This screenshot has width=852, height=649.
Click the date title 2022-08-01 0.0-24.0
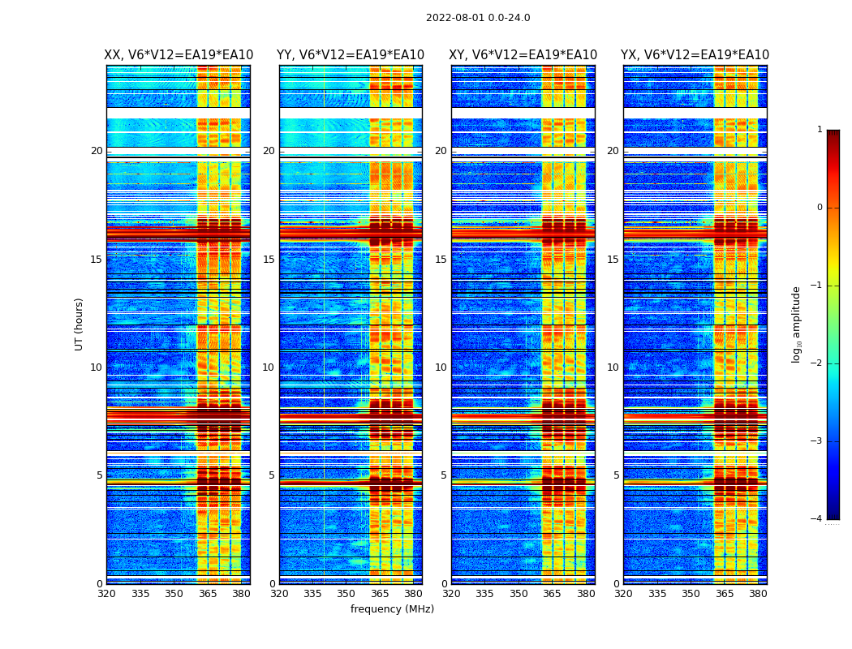click(x=478, y=18)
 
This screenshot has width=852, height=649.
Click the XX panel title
click(x=179, y=55)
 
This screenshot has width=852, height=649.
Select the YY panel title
click(x=351, y=55)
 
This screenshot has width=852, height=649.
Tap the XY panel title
click(x=523, y=55)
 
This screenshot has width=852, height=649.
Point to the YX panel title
click(x=695, y=55)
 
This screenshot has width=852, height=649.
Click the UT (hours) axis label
click(x=79, y=324)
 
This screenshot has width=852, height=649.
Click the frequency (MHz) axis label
click(x=392, y=609)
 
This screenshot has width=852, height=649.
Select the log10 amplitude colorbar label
click(x=796, y=324)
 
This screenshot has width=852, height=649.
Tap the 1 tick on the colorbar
click(x=820, y=130)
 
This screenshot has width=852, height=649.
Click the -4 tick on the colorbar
click(x=816, y=519)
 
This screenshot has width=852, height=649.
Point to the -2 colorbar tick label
click(x=816, y=363)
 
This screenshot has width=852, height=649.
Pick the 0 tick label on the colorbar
click(x=820, y=208)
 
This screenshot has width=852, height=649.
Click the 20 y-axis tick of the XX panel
click(x=97, y=151)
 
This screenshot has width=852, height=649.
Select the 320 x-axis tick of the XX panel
click(x=106, y=594)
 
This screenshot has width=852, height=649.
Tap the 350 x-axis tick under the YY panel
click(x=346, y=594)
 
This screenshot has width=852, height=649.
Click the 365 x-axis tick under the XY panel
click(x=552, y=594)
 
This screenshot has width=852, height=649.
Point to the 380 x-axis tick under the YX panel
click(x=758, y=594)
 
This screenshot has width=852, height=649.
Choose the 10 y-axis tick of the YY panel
click(x=269, y=367)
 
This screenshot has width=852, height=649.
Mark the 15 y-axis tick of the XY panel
click(x=441, y=260)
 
